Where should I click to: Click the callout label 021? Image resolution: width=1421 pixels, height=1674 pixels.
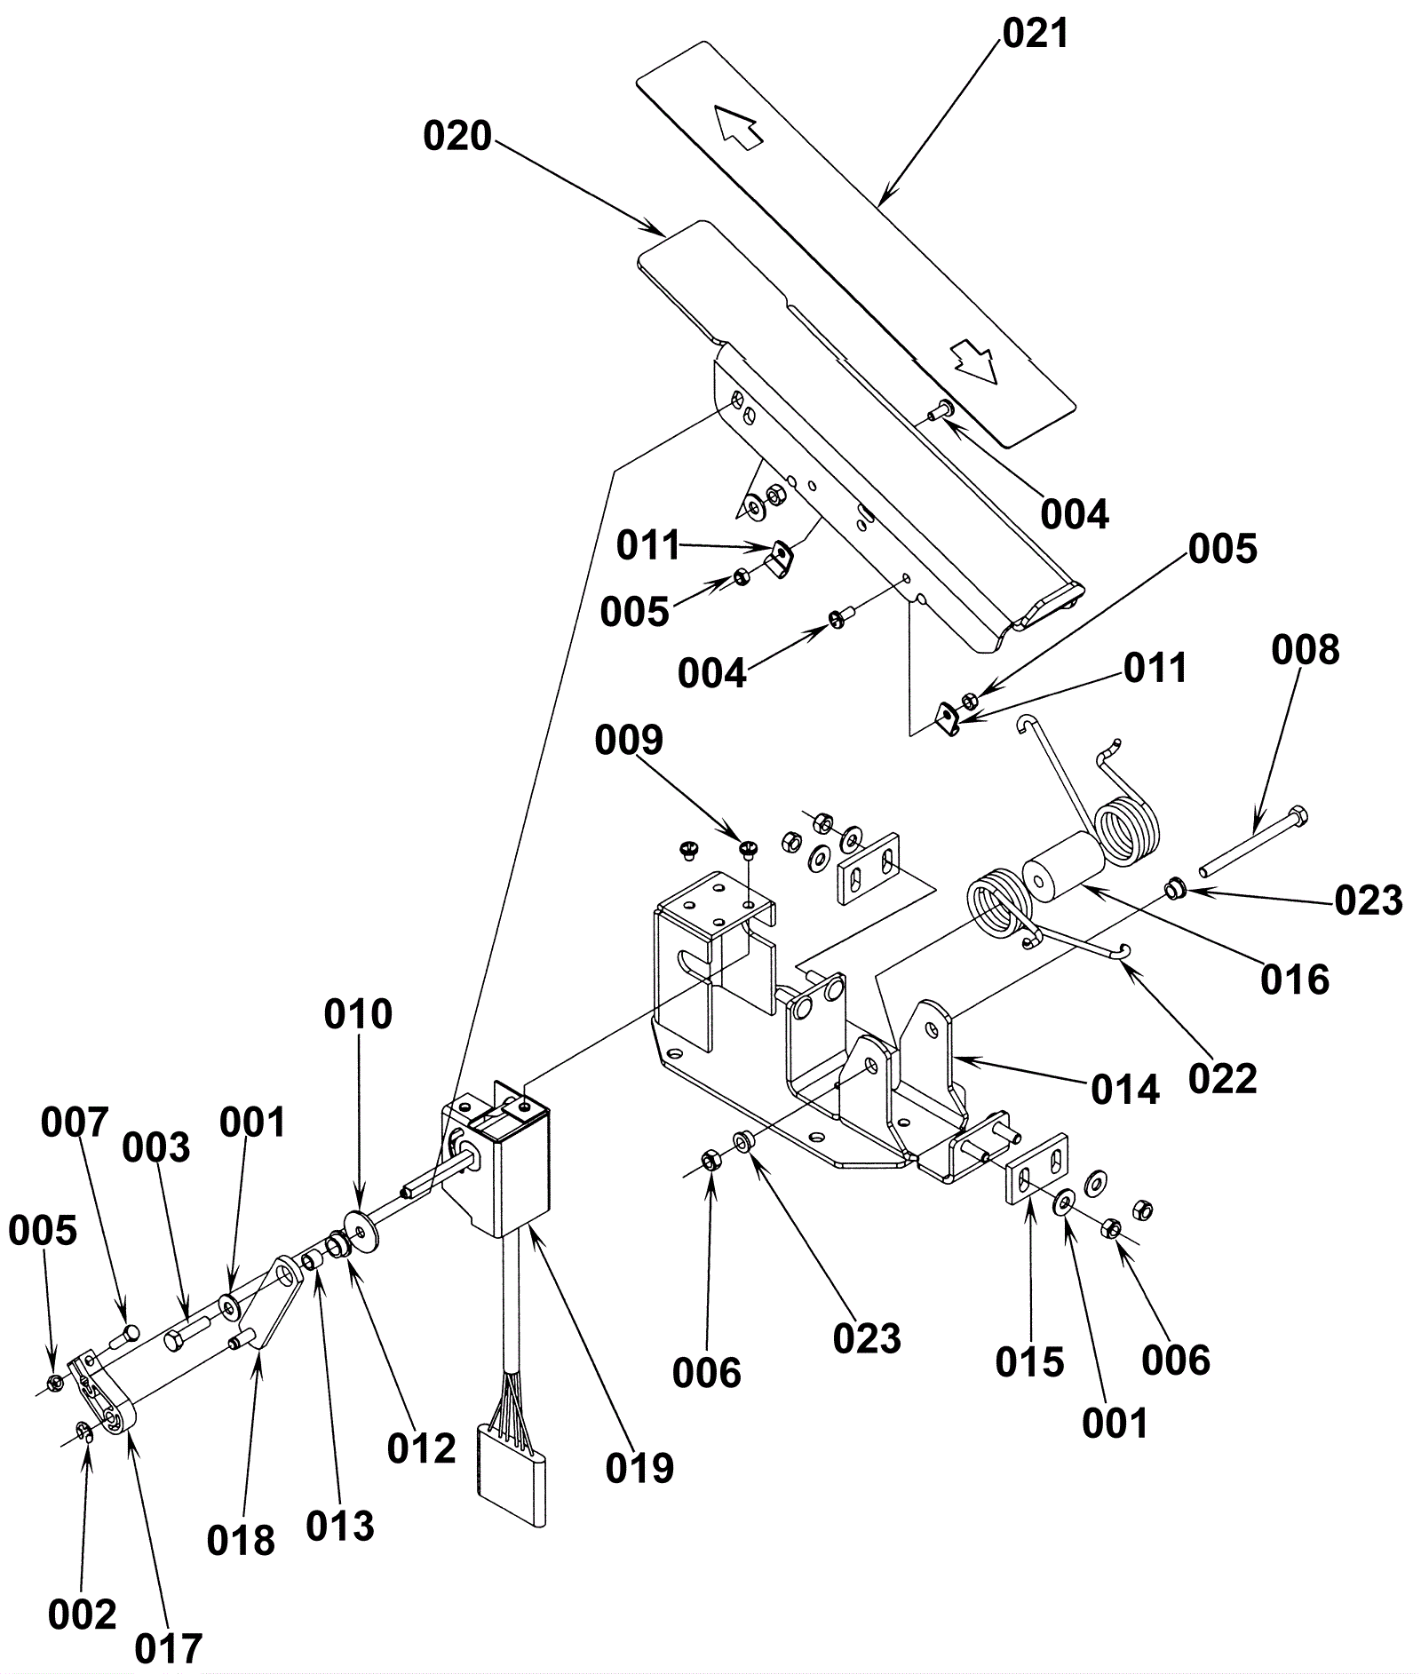(1036, 34)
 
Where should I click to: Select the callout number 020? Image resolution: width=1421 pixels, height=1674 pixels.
(457, 138)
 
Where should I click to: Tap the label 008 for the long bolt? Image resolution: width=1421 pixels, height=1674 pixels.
(1305, 650)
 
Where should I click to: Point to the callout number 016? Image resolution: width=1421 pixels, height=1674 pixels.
(1295, 980)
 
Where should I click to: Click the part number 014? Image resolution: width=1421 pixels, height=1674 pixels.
(1125, 1090)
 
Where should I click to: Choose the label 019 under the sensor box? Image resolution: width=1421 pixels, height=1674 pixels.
(639, 1469)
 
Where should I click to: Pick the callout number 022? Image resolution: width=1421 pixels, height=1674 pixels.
(1223, 1079)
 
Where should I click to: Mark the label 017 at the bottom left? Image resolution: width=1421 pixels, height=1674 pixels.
(169, 1648)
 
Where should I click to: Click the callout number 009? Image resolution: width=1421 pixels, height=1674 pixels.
(629, 740)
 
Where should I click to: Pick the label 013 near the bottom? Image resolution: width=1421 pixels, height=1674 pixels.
(340, 1527)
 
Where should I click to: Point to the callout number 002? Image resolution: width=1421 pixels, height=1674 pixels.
(82, 1614)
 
